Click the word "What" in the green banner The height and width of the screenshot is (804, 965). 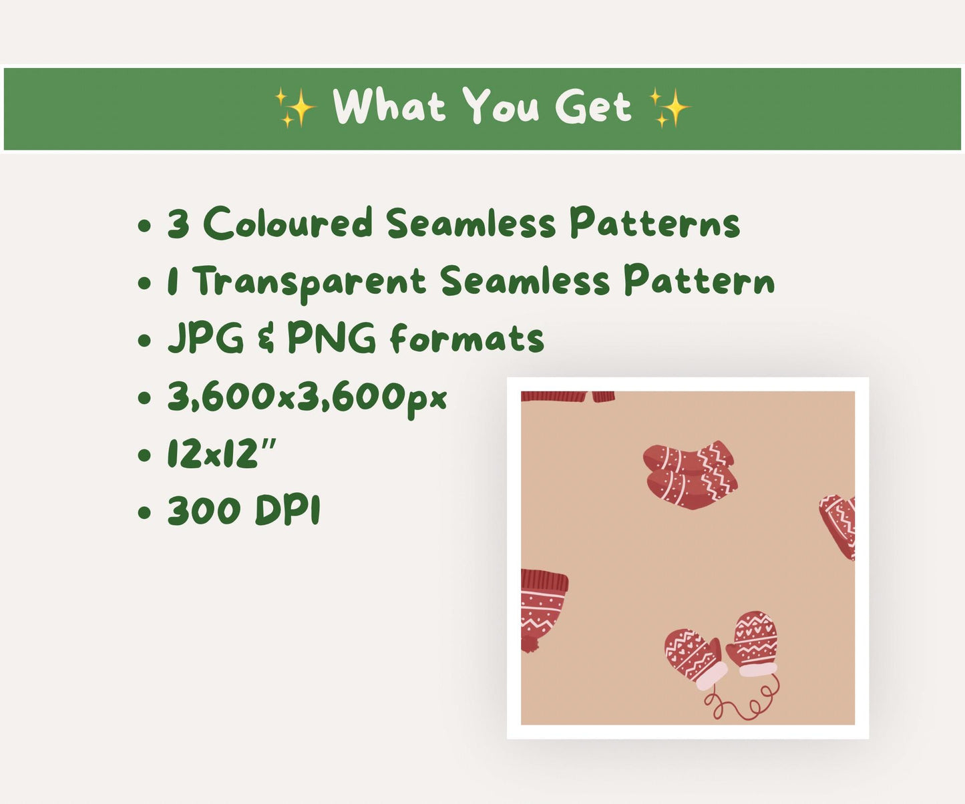pos(389,107)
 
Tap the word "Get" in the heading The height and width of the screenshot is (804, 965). pos(592,108)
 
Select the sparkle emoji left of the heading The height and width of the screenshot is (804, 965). pos(295,108)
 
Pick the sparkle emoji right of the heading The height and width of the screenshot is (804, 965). pos(670,108)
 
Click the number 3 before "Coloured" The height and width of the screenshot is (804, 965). pos(178,224)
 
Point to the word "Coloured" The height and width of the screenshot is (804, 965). pos(287,223)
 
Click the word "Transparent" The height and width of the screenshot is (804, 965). pos(309,282)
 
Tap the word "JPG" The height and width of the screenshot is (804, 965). pos(206,338)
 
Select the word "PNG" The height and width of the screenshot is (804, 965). pos(332,338)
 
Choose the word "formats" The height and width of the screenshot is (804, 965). pos(467,338)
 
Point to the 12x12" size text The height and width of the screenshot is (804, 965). pos(222,455)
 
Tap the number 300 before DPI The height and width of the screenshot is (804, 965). pos(204,512)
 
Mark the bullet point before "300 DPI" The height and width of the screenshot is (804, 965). pos(144,513)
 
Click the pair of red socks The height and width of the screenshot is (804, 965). pos(691,475)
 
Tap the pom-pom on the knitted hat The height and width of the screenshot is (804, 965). pos(530,644)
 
